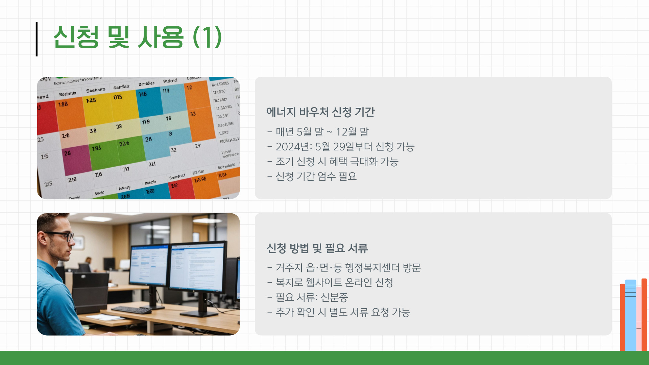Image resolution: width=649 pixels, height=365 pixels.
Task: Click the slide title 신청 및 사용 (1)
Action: point(137,37)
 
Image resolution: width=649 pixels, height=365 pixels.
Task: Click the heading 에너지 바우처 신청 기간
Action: point(320,112)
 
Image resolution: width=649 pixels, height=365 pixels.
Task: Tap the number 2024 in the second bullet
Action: point(288,147)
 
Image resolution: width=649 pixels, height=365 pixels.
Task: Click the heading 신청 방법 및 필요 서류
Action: point(317,248)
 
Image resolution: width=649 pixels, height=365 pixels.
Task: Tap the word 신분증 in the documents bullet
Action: point(334,297)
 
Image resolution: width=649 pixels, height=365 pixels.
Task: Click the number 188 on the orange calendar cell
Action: point(63,104)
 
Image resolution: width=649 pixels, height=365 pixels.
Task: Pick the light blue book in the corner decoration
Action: point(630,314)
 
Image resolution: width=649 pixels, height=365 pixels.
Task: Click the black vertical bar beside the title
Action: point(37,39)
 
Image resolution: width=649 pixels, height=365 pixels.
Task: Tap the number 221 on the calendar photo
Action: point(152,164)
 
